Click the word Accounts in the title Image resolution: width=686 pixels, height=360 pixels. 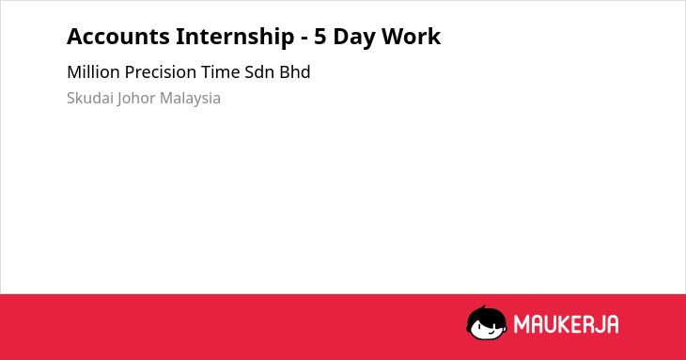118,37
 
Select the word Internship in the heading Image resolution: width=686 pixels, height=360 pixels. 235,37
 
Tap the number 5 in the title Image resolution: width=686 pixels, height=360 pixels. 320,37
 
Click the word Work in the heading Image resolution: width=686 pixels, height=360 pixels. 412,37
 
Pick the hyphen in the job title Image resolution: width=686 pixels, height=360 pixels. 304,39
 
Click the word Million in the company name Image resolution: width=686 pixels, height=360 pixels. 93,72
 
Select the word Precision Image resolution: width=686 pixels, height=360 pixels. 161,72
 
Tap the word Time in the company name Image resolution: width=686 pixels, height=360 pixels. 221,72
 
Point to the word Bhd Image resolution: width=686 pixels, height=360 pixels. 295,72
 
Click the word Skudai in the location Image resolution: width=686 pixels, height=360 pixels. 90,98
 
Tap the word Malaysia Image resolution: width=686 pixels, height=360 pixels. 190,99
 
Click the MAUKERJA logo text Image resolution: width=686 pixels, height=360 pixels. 566,324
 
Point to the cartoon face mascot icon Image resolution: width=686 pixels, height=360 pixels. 487,322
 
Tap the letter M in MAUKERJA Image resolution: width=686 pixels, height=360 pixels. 522,324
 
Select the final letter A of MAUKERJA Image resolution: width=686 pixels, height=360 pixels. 612,324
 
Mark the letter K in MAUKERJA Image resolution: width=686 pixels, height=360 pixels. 563,324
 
